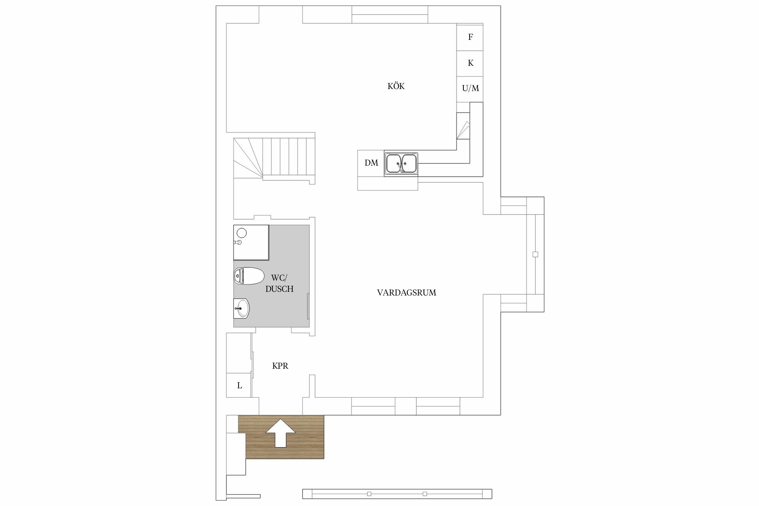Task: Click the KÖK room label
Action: pos(396,86)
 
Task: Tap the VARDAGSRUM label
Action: pos(406,293)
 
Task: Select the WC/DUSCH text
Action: pos(279,283)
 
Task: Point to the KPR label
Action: pos(280,366)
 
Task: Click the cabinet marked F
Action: pos(470,37)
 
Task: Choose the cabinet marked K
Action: pos(470,63)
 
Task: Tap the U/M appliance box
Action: pos(470,89)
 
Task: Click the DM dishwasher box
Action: pos(371,163)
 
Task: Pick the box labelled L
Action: pos(239,385)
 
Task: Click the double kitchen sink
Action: pos(401,164)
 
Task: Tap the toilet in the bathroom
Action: pos(249,276)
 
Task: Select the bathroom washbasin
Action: pos(242,308)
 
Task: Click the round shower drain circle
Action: pos(242,233)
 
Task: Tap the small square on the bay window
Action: pos(535,254)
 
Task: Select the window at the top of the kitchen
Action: pos(390,15)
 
